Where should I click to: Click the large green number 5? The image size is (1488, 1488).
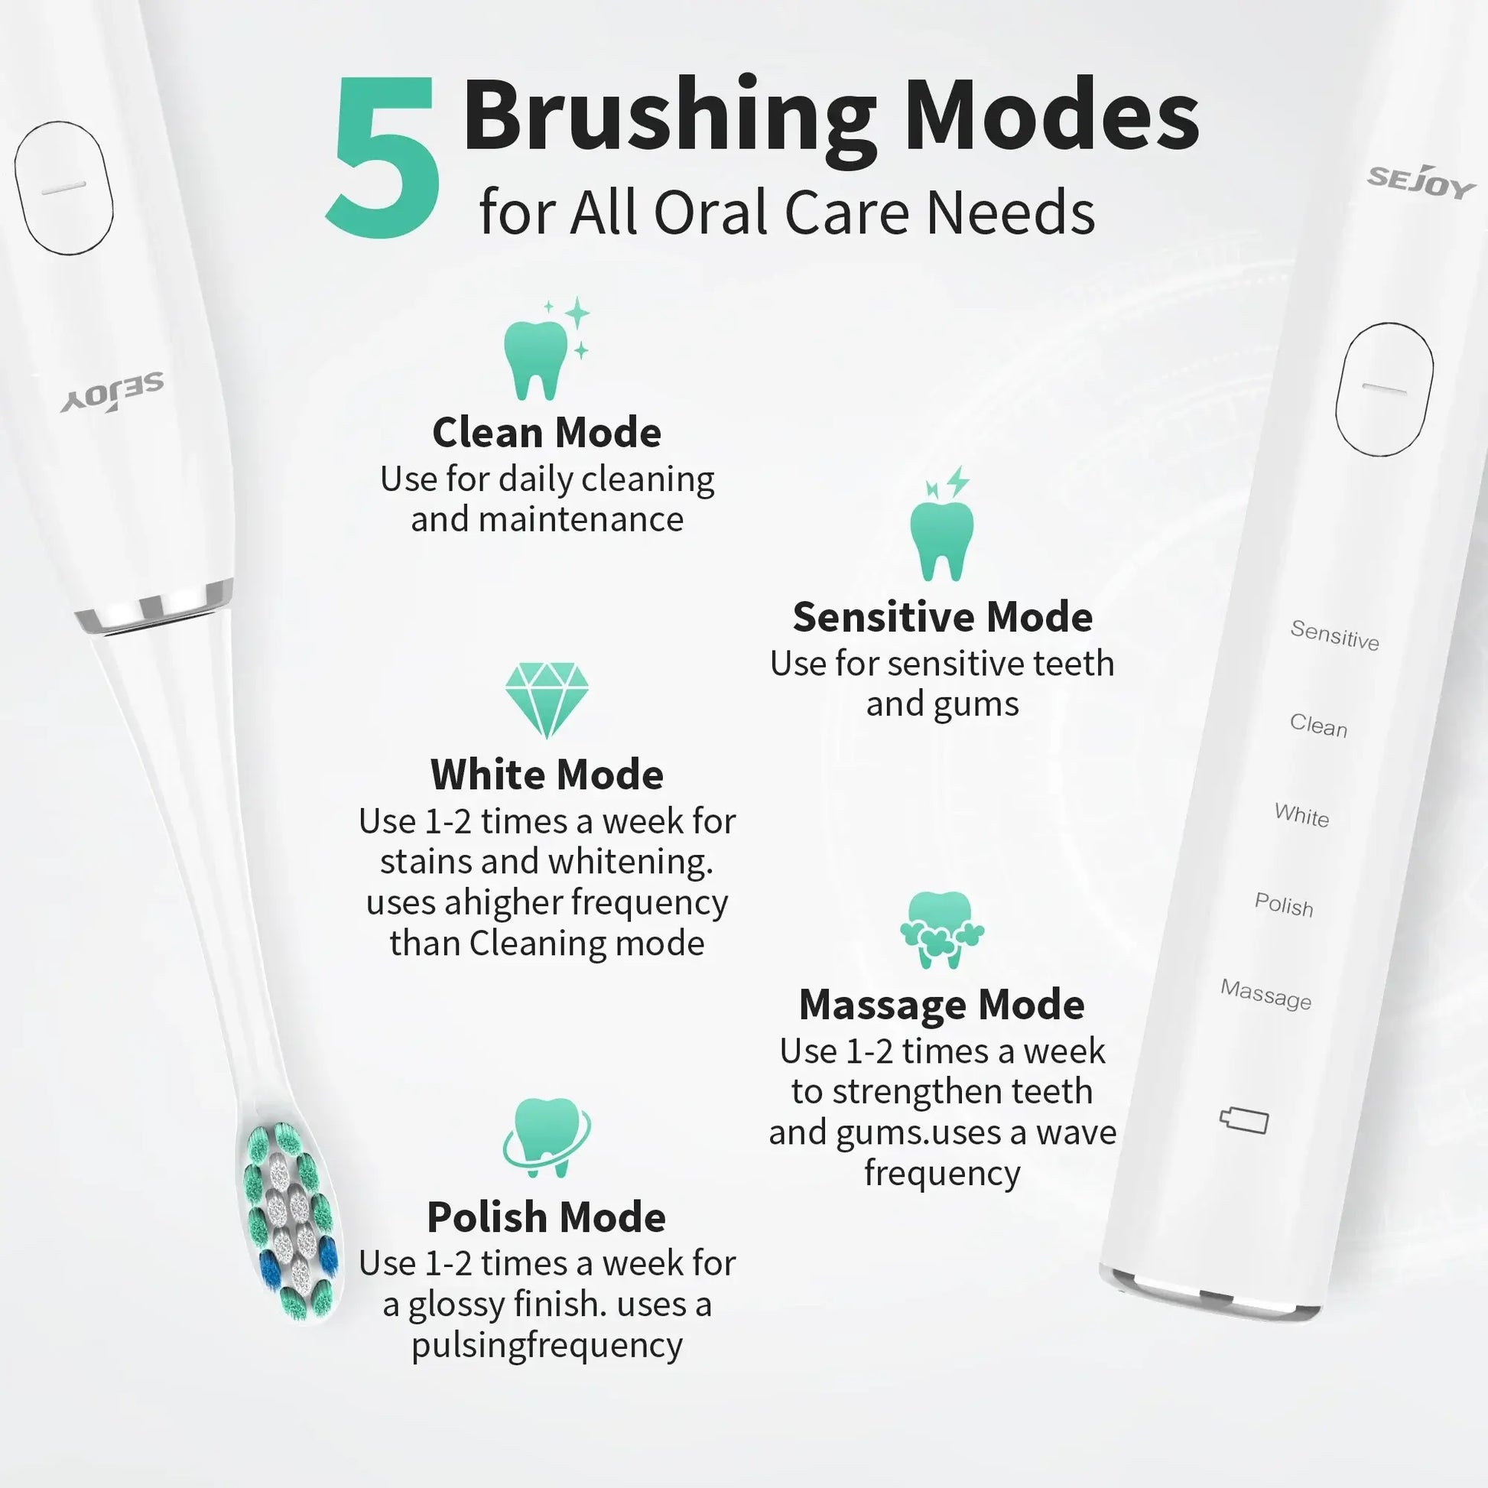pos(384,156)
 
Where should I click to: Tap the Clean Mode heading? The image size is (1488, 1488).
pos(547,432)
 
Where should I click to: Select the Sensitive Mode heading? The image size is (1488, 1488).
pos(942,617)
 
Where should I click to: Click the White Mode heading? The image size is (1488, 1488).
pos(547,774)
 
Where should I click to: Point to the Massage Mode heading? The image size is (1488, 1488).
pos(942,1004)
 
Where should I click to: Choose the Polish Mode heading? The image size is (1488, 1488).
pos(547,1217)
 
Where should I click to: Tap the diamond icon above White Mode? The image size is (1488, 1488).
pos(547,700)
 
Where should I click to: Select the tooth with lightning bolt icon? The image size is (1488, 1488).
pos(942,524)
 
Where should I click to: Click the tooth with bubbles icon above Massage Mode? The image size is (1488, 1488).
pos(942,930)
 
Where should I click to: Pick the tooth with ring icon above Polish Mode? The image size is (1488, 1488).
pos(547,1138)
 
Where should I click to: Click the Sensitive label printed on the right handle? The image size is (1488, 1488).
pos(1335,635)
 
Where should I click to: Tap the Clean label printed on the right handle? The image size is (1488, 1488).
pos(1318,726)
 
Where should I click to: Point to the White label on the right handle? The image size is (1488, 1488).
pos(1301,815)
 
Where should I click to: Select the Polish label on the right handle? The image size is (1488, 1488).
pos(1284,905)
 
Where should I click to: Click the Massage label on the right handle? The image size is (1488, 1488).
pos(1265,994)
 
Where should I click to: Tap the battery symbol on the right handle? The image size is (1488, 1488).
pos(1244,1121)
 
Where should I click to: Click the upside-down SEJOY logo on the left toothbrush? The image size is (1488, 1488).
pos(112,392)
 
